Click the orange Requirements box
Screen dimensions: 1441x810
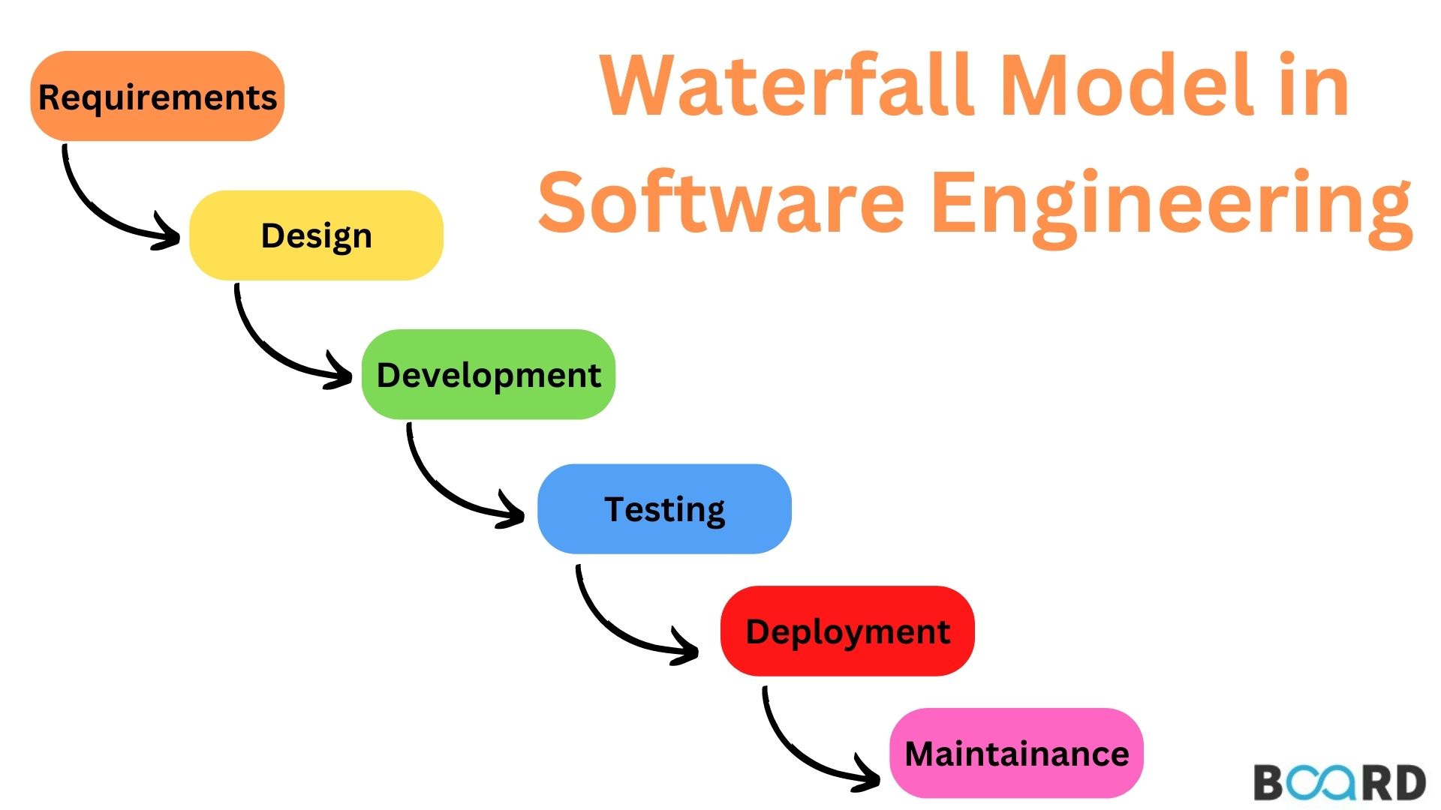tap(158, 96)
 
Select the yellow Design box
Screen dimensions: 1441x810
tap(316, 235)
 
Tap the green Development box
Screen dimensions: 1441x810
tap(489, 374)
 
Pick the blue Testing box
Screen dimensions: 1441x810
tap(664, 508)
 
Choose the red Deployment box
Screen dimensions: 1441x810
tap(847, 631)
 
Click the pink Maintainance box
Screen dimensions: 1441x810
tap(1016, 753)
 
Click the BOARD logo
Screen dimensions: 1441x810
tap(1340, 782)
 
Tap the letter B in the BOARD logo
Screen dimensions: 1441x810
tap(1270, 783)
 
